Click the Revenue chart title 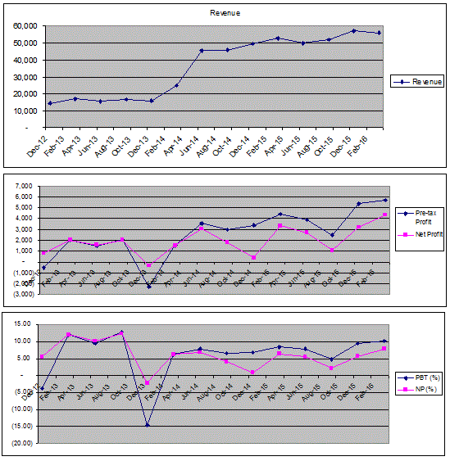225,14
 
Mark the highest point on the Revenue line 354,30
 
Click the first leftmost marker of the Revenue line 50,103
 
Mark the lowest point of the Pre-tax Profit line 149,286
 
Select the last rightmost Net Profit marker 384,215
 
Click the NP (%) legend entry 425,389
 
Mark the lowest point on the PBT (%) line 148,425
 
